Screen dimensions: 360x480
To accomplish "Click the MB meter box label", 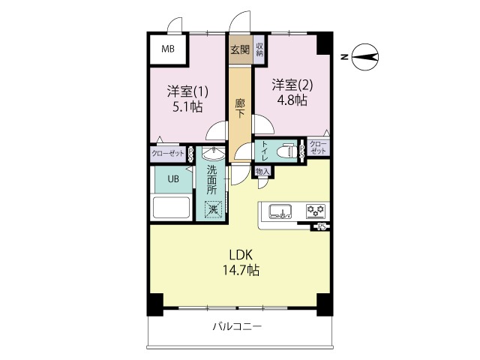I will pos(167,50).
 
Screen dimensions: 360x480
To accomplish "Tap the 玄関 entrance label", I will pos(240,50).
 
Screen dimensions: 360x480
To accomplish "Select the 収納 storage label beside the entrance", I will pos(259,50).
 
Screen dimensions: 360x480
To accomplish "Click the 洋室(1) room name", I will pos(187,91).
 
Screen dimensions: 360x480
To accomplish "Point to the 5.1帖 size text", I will pos(187,106).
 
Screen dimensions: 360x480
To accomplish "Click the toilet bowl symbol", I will pos(284,151).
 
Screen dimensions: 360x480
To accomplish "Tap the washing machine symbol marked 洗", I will pos(213,209).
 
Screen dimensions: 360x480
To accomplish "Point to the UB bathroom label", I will pos(172,179).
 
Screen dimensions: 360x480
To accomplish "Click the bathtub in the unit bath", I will pos(172,207).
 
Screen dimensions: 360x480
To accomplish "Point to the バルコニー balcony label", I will pos(238,327).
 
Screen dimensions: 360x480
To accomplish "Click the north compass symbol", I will pos(365,55).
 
